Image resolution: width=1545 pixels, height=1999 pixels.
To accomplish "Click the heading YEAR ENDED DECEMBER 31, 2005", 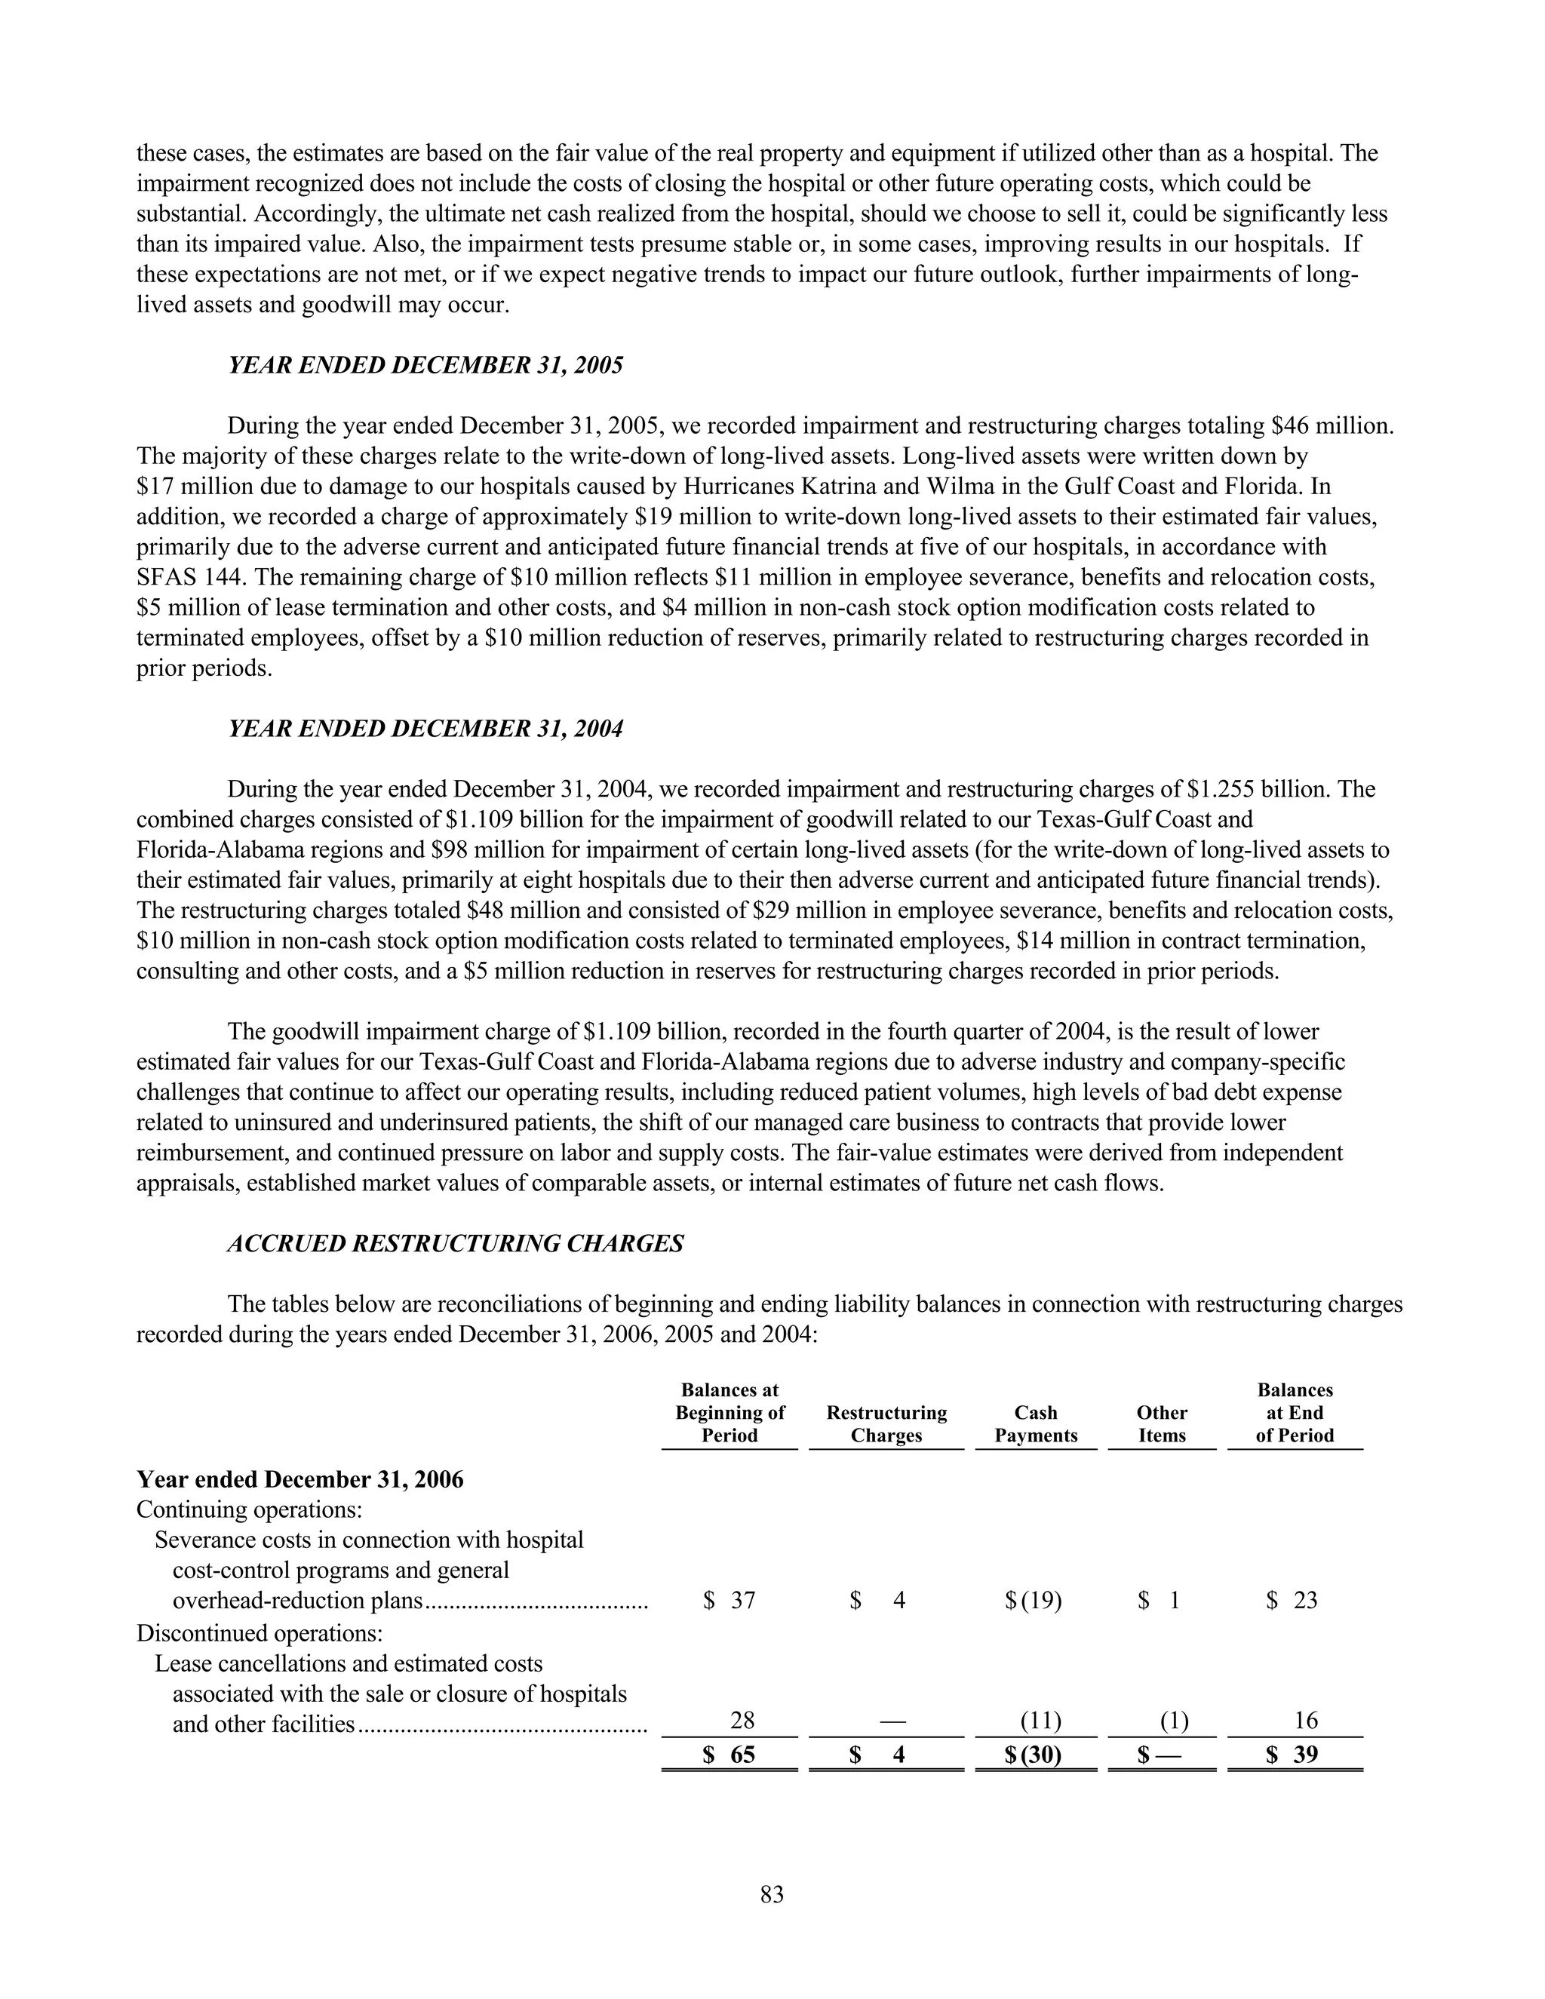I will pos(425,365).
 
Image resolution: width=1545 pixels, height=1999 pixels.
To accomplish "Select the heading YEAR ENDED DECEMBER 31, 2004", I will pos(425,729).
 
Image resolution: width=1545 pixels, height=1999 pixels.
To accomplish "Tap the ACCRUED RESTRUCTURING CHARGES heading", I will pos(455,1243).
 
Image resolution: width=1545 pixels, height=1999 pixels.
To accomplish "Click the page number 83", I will pos(772,1893).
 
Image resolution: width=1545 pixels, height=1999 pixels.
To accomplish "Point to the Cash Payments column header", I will pos(1036,1423).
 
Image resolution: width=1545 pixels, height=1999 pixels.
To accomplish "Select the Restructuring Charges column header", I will pos(886,1423).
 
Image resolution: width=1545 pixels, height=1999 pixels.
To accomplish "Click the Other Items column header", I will pos(1162,1423).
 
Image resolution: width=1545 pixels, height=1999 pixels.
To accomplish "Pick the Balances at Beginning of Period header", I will pos(729,1412).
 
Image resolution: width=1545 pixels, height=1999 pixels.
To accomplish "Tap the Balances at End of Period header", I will pos(1295,1412).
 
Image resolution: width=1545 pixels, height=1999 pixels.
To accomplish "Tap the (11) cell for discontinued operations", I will pos(1040,1721).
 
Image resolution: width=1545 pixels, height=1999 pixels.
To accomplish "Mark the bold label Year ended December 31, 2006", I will pos(299,1479).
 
